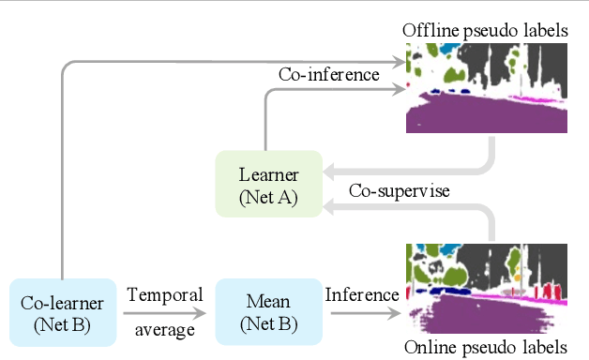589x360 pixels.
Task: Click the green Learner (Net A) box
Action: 268,184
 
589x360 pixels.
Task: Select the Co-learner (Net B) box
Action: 62,313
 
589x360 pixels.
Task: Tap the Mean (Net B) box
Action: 268,313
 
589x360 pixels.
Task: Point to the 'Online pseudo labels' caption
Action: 486,347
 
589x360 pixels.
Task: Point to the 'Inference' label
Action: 361,295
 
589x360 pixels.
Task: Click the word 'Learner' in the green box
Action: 268,174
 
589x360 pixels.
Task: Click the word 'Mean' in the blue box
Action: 268,304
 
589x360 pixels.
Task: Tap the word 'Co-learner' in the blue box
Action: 62,304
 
